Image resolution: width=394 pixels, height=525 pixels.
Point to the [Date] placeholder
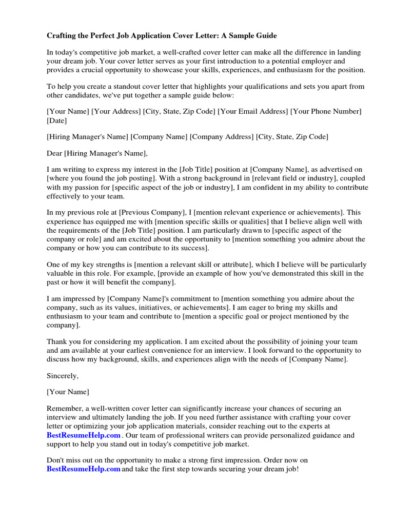tap(56, 120)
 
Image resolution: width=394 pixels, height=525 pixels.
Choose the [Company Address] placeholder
tap(222, 136)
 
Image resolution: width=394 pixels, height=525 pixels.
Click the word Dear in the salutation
tap(54, 153)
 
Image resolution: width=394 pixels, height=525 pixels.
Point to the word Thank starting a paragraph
tap(56, 341)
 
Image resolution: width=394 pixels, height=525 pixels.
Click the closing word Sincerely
tap(63, 376)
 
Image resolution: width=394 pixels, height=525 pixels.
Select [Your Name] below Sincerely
tap(68, 392)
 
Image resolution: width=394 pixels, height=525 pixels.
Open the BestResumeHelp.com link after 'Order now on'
tap(83, 469)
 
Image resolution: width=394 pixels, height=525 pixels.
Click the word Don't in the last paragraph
tap(55, 460)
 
